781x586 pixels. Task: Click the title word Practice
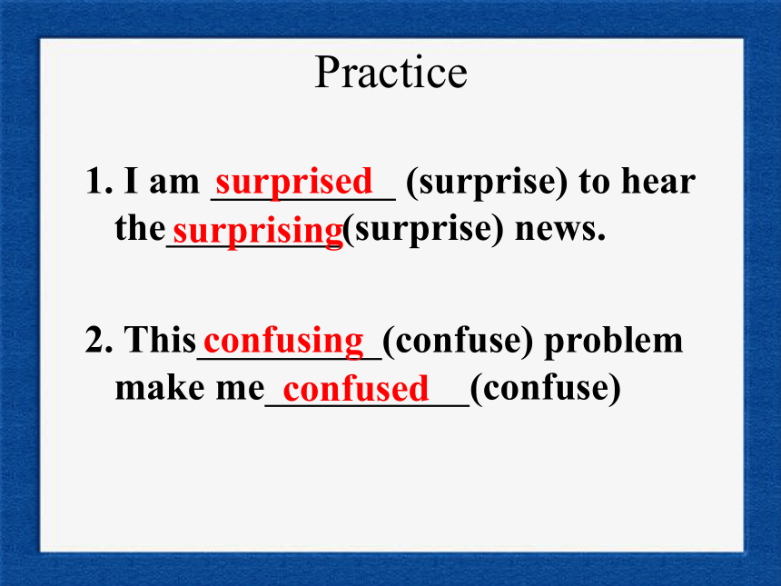[391, 73]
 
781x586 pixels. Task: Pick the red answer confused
[356, 389]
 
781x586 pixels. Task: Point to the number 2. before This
[99, 341]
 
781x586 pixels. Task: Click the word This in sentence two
[160, 340]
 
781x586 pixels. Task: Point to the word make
[160, 387]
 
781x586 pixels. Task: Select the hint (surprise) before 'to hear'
[487, 184]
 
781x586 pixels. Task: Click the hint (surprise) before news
[423, 231]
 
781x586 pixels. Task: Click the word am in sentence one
[173, 184]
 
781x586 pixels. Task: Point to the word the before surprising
[140, 228]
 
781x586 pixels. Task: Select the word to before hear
[594, 183]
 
